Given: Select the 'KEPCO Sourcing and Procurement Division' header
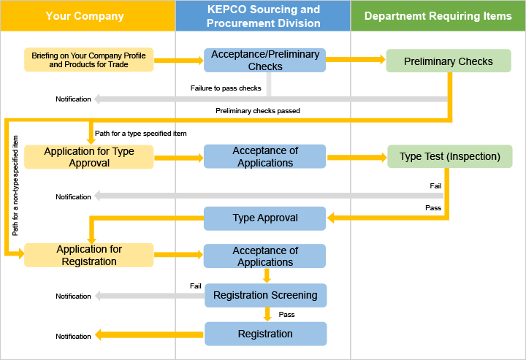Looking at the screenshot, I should (x=263, y=16).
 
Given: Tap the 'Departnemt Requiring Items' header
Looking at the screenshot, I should (x=438, y=16).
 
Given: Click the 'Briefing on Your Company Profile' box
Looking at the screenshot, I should (x=88, y=60).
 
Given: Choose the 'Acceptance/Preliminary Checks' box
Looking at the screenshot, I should (x=264, y=61).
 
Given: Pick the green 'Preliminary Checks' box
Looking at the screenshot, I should (x=448, y=61).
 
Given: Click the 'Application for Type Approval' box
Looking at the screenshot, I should (x=88, y=157).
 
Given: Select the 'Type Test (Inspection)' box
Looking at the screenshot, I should (x=449, y=156).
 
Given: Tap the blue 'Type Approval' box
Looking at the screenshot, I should (x=264, y=218).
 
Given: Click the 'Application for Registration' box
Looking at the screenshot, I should (x=88, y=255).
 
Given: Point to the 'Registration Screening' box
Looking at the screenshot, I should (x=264, y=295).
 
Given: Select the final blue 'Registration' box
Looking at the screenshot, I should (x=264, y=334).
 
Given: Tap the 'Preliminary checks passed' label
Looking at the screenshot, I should (x=257, y=111).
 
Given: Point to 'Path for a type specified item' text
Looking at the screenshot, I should (x=140, y=134).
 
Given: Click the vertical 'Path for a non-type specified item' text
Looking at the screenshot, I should (x=15, y=185).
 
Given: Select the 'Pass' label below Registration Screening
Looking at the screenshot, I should (x=286, y=315).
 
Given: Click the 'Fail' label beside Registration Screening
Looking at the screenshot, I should (x=195, y=286).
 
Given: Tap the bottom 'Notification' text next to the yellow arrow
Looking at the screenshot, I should (x=73, y=337).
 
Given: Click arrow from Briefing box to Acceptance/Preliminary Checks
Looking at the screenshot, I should (x=178, y=61).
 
